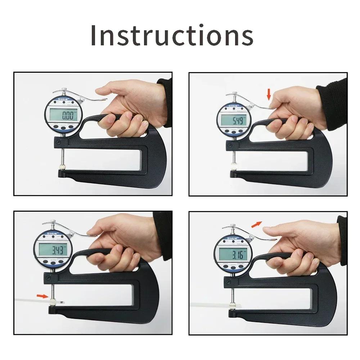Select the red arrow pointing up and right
pos(256,224)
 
